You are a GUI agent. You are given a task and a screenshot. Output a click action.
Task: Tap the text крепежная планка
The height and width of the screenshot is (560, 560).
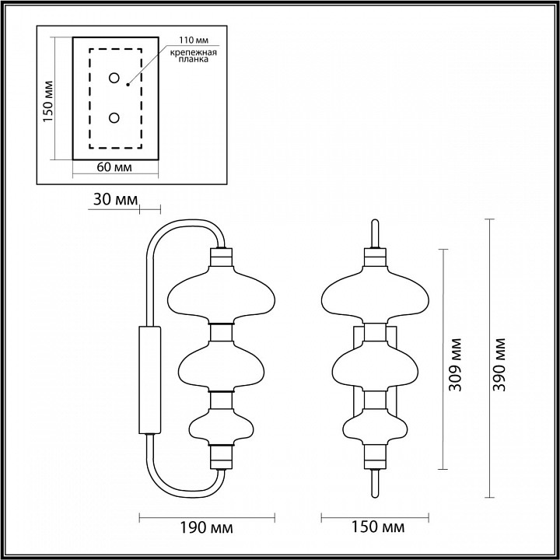click(193, 56)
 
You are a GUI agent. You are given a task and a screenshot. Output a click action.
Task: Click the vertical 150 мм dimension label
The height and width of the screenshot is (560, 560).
click(47, 101)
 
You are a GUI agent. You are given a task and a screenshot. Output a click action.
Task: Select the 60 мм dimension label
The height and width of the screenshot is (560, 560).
click(114, 167)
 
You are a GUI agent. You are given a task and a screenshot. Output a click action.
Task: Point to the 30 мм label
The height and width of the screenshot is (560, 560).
click(115, 200)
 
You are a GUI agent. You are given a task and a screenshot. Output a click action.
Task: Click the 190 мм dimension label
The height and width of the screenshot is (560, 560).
click(206, 527)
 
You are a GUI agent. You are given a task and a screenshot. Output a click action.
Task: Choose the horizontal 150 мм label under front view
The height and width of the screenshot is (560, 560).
click(378, 527)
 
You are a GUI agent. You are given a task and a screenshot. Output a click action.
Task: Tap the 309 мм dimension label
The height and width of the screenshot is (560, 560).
click(455, 365)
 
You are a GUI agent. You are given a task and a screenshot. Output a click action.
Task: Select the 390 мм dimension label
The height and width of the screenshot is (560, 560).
click(499, 365)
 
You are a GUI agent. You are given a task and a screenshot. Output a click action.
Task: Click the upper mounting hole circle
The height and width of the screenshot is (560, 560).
click(114, 78)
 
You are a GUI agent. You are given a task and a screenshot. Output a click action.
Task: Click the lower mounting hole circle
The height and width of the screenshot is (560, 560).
click(114, 118)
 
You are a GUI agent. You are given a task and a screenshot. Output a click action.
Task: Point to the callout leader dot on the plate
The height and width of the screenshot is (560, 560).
click(128, 85)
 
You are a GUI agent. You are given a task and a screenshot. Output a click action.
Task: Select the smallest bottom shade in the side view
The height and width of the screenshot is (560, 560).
click(222, 427)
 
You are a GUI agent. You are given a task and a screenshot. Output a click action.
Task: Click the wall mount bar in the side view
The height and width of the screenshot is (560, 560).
click(149, 380)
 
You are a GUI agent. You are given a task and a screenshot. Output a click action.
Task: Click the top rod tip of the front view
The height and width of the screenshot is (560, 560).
click(375, 221)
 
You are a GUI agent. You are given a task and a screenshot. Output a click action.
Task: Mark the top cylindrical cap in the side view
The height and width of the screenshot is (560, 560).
click(222, 257)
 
